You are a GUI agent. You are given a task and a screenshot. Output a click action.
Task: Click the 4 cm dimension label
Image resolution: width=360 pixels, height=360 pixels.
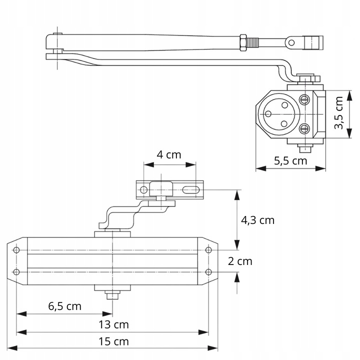point(169,154)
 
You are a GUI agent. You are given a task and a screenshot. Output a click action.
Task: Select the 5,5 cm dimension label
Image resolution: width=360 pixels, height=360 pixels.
point(290,160)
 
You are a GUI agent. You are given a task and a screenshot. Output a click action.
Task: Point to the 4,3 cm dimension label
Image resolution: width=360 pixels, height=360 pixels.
point(258,220)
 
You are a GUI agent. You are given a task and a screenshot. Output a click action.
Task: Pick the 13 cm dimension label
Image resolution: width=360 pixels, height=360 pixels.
point(113,324)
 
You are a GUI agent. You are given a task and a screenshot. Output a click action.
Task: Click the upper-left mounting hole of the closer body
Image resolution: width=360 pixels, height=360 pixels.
point(17,250)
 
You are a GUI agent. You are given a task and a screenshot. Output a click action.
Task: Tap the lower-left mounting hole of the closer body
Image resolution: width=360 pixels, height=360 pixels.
point(17,272)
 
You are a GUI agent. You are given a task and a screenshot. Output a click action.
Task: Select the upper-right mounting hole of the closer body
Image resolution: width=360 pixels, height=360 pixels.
point(209,250)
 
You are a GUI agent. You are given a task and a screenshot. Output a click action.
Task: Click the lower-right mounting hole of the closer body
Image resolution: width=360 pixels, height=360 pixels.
point(209,272)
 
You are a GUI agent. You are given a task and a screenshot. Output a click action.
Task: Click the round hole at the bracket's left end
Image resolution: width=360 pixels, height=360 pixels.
point(144,190)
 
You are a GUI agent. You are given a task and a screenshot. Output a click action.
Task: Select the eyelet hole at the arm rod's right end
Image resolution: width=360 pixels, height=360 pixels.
point(290,43)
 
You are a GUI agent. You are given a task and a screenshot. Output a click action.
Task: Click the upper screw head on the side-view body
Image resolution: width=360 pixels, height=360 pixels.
point(304,98)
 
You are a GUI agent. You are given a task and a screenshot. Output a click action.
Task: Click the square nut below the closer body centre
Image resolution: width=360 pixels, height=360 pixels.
point(112,294)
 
